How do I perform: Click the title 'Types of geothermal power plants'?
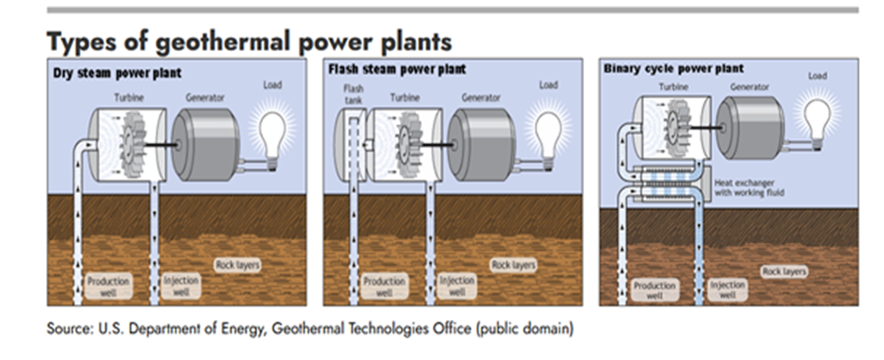click(249, 42)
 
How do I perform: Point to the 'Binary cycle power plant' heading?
click(673, 68)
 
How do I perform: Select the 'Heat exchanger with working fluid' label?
click(745, 185)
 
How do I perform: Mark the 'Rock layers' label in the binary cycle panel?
click(784, 271)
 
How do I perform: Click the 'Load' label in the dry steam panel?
click(272, 85)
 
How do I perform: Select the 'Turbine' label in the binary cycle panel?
click(673, 87)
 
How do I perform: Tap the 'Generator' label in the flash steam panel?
click(481, 98)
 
